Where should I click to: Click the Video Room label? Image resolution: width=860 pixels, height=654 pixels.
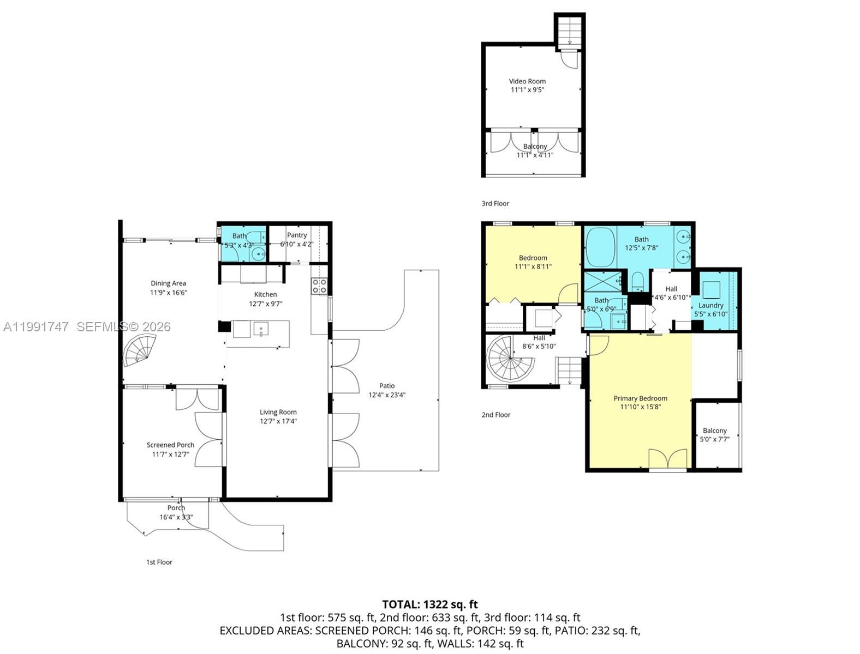[x=527, y=81]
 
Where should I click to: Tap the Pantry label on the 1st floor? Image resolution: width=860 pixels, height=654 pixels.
[x=297, y=235]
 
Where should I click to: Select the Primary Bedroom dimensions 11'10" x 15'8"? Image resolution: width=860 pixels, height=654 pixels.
[x=640, y=407]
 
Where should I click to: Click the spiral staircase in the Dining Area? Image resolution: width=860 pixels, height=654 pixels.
[x=140, y=350]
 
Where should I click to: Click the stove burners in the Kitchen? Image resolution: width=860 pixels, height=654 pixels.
[x=319, y=286]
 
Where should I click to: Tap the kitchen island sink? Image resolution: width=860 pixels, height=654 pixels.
[x=261, y=329]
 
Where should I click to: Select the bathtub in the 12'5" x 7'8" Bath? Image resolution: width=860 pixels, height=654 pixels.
[x=600, y=247]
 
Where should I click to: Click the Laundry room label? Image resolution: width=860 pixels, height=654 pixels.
[x=710, y=305]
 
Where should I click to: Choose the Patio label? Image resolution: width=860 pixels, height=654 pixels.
[x=387, y=386]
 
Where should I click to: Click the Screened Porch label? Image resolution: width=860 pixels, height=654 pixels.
[x=170, y=445]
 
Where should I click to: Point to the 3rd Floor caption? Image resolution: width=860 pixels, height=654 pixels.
[x=495, y=203]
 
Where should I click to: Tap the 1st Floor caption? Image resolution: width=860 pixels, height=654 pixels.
[x=159, y=562]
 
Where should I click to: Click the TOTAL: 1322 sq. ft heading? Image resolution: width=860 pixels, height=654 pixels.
[x=429, y=604]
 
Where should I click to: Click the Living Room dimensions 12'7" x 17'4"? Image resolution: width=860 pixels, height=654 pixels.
[x=278, y=421]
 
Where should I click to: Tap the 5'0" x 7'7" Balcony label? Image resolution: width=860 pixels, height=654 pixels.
[x=714, y=431]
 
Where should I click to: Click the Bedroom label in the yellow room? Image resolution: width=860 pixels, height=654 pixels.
[x=533, y=258]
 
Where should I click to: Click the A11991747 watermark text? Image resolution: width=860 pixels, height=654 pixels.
[x=36, y=327]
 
